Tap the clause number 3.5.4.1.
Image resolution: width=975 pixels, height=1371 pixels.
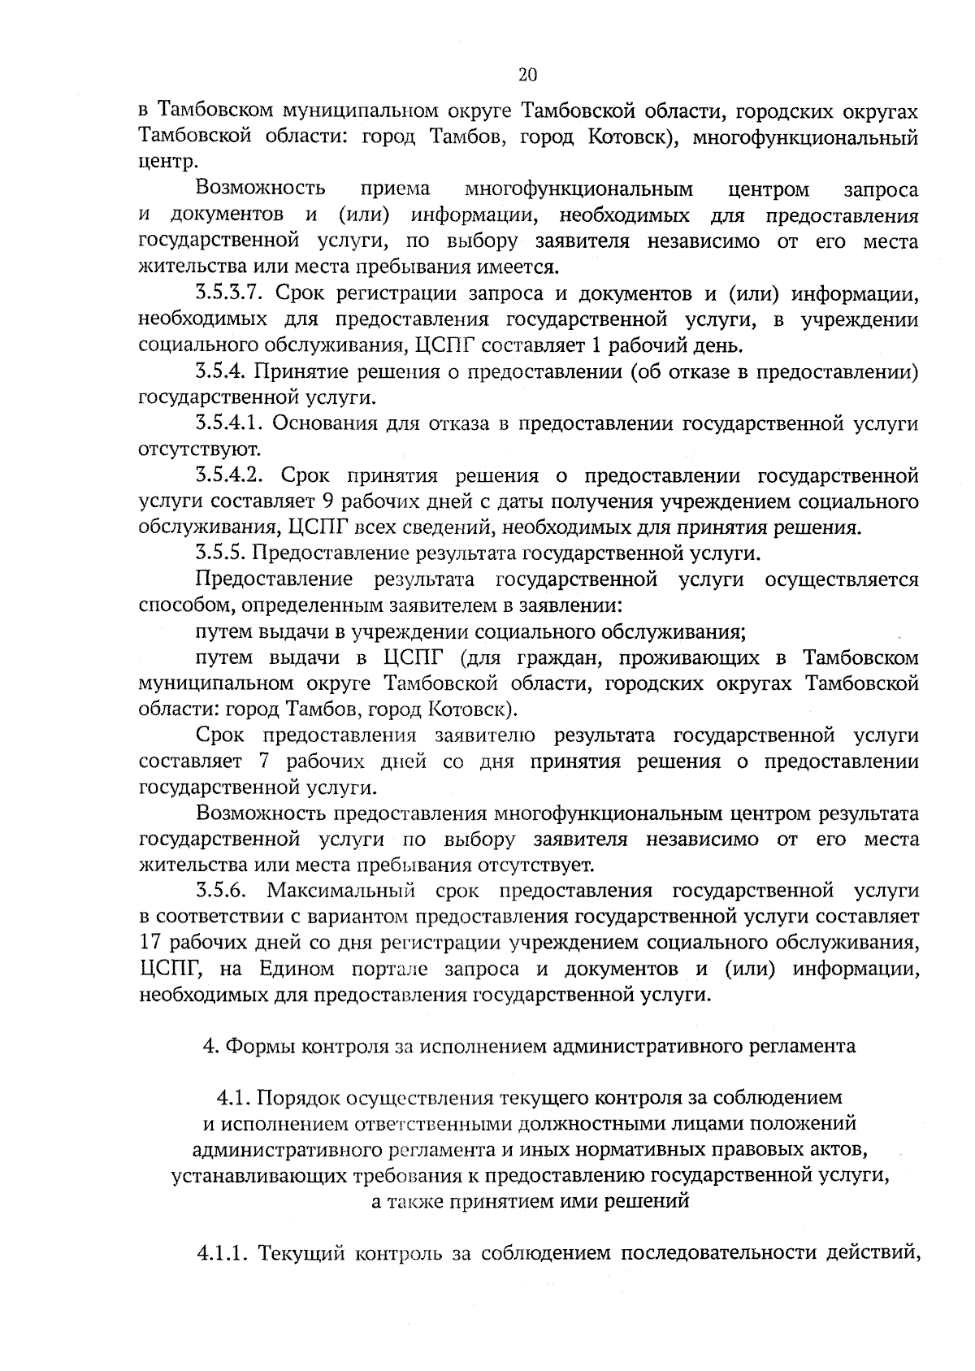click(x=232, y=423)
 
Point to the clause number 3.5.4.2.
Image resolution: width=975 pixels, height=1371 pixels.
click(x=232, y=475)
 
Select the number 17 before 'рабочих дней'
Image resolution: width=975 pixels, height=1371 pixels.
click(x=153, y=943)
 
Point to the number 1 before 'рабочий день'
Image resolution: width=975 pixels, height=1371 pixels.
click(x=595, y=346)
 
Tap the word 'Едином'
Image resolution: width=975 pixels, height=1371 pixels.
click(x=297, y=969)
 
